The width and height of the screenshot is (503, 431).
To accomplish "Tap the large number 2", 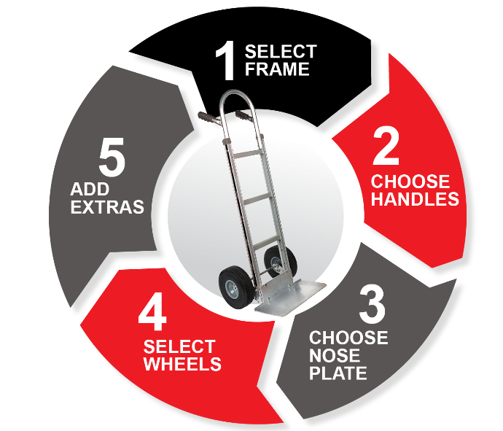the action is coord(386,147).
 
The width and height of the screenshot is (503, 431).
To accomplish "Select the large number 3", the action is coord(372,305).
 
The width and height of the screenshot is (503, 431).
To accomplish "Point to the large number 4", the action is coord(152,313).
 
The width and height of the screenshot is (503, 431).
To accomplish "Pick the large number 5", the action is coord(112,157).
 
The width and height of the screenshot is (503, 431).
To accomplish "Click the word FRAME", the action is coord(277,69).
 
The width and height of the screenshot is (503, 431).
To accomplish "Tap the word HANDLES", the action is coord(415,199).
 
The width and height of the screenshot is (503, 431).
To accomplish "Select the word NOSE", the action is coord(335,355).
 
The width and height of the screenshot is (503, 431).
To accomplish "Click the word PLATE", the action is coord(338,373).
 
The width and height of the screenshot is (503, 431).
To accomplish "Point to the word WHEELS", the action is coord(182,364).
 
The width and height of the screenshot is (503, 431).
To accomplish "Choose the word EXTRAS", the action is coord(107,207).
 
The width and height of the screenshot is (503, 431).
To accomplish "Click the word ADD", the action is coord(90,189).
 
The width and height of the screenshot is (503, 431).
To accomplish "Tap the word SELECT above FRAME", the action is coord(281,51).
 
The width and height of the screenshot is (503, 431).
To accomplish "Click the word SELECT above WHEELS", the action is coord(179,346).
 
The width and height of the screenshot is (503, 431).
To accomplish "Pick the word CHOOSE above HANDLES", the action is coord(410,182).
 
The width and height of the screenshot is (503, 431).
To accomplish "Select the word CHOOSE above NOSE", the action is coord(348,338).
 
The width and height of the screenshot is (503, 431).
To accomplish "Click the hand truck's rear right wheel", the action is coord(280,260).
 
